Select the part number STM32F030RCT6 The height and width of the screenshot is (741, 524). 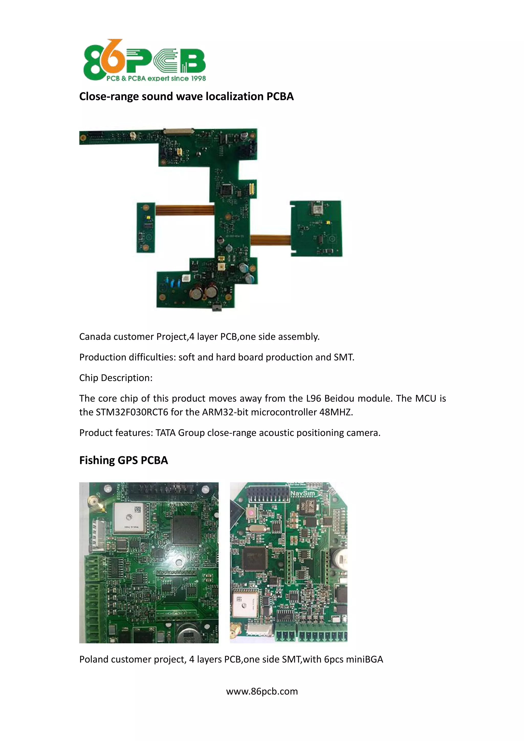click(132, 412)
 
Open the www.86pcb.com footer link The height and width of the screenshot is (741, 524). click(262, 691)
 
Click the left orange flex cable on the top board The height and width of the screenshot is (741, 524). click(184, 210)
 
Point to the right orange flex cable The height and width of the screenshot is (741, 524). click(270, 240)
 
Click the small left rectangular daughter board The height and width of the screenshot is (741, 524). click(146, 227)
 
